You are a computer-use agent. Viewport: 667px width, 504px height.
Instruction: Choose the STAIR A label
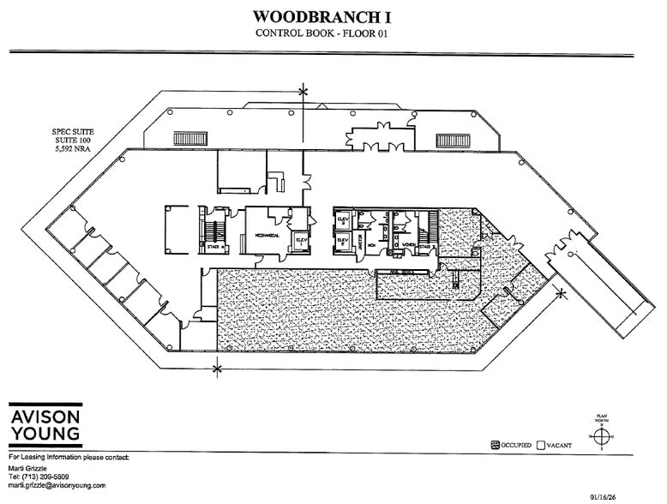215,247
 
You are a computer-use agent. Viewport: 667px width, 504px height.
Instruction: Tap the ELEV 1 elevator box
301,242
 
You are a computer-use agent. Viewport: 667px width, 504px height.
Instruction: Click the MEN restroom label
374,243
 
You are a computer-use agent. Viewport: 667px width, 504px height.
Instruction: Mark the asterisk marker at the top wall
302,90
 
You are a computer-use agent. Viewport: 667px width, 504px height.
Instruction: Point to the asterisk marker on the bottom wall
216,369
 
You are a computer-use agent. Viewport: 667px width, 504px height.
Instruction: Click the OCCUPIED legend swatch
495,445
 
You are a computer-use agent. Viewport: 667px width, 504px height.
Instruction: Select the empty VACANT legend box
540,445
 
